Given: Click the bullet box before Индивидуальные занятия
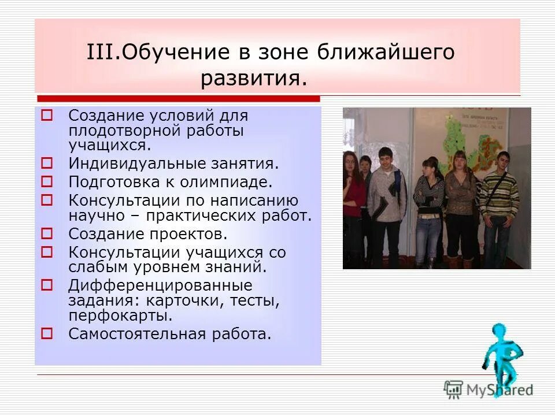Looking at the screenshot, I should (x=47, y=164).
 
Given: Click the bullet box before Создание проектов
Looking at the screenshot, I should (x=47, y=233).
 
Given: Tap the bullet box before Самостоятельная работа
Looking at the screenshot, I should (x=47, y=333).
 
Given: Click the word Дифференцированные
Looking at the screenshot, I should (x=160, y=285).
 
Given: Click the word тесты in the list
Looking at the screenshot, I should (x=259, y=301).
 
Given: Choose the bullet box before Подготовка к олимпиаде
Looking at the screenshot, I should (x=47, y=181).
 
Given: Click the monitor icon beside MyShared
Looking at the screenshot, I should (x=454, y=389).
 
